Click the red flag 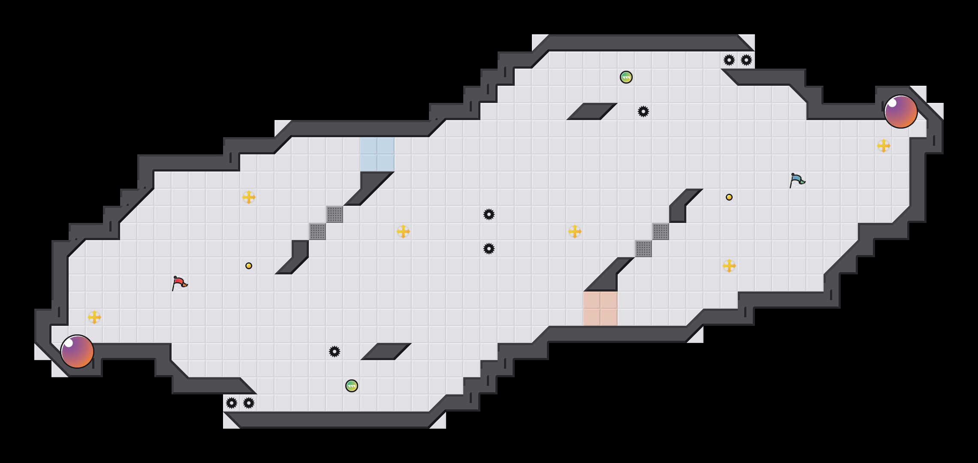pos(179,283)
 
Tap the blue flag pos(797,180)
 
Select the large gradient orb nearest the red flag pos(77,352)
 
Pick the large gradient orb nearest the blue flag pos(901,111)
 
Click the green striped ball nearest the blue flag pos(626,77)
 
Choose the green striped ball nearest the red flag pos(352,386)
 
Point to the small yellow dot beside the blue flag pos(729,197)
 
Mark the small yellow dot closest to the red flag pos(249,266)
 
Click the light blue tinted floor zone pos(377,154)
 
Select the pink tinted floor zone pos(601,309)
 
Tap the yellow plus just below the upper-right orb pos(884,146)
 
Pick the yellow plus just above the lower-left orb pos(94,317)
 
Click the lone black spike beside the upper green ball pos(643,111)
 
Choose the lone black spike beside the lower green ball pos(335,352)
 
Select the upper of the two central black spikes pos(489,214)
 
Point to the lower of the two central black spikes pos(489,249)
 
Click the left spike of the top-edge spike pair pos(729,60)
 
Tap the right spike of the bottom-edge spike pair pos(249,403)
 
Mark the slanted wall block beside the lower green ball pos(386,352)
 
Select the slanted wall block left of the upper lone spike pos(592,111)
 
